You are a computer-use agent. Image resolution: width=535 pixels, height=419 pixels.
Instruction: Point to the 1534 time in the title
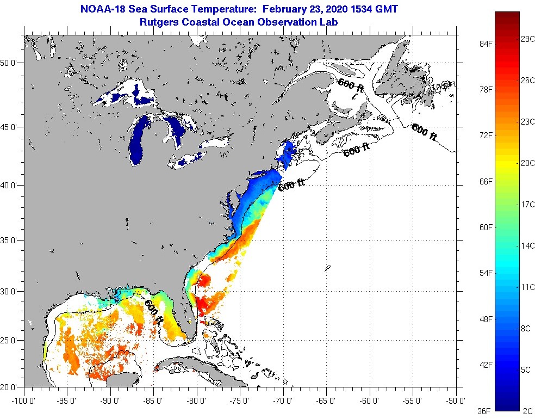(x=364, y=9)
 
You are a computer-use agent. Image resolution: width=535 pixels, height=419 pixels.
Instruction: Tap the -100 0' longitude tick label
(x=23, y=401)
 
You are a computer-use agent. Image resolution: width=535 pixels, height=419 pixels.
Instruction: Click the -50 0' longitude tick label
(x=456, y=401)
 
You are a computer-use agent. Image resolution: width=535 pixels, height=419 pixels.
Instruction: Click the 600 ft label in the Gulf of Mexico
(x=154, y=312)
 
